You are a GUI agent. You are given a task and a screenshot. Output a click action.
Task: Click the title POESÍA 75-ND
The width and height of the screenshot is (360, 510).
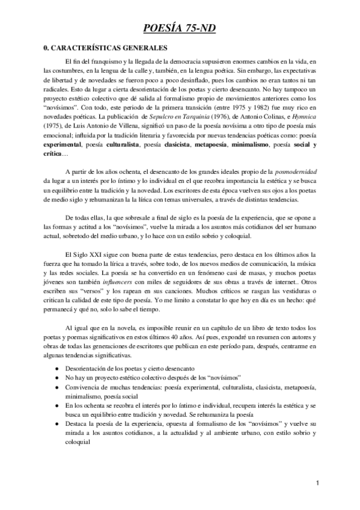click(x=180, y=28)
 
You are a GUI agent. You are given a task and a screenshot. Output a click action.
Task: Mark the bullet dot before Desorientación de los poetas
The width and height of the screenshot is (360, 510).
click(x=56, y=367)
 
